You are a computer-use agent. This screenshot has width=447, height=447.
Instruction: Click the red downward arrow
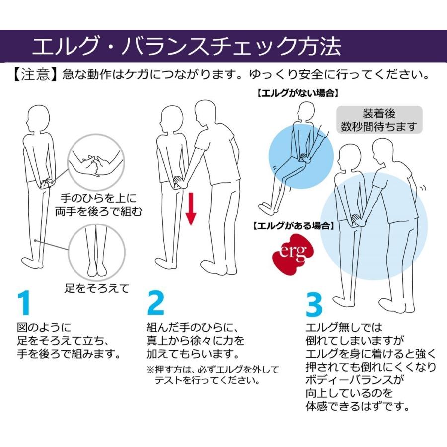191,210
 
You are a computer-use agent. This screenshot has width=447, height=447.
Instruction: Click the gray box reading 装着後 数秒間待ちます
379,120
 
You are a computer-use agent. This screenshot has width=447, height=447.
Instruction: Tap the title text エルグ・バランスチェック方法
186,47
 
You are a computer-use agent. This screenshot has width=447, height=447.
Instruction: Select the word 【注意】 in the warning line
33,75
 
